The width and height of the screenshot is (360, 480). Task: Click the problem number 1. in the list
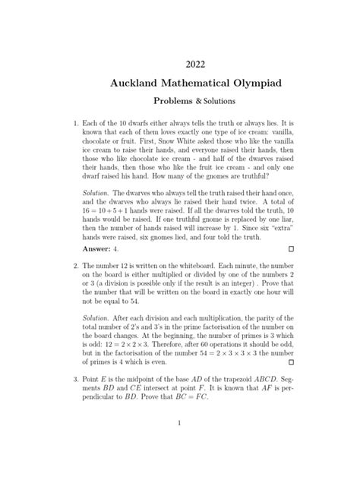tap(75, 122)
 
